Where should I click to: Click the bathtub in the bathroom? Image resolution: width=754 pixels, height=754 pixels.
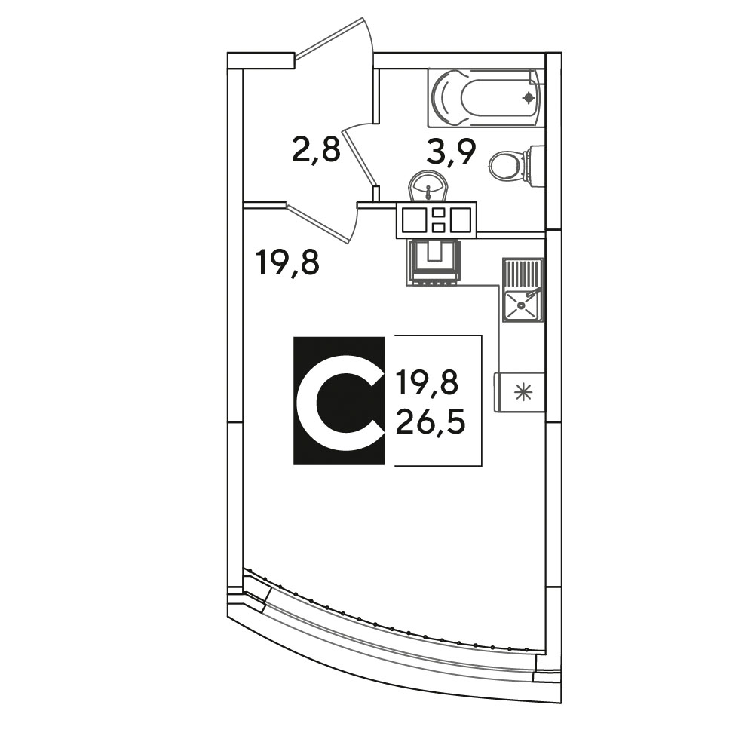486,97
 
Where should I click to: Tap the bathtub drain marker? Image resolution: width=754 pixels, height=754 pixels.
529,98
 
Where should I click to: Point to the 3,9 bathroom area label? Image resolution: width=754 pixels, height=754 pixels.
451,152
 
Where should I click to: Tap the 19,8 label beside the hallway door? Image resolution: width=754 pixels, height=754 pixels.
288,262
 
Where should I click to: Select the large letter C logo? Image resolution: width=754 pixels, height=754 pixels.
339,401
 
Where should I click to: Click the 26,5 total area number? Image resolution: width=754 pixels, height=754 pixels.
431,422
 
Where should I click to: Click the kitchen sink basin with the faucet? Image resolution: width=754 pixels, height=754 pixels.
522,305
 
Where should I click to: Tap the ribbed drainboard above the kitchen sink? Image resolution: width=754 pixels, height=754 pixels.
523,273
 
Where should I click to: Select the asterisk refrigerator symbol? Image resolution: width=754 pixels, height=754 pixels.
523,392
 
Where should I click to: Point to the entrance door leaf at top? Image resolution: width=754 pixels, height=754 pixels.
329,38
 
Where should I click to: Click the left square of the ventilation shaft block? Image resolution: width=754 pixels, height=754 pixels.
414,219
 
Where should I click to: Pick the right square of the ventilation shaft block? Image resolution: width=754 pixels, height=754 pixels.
460,219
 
